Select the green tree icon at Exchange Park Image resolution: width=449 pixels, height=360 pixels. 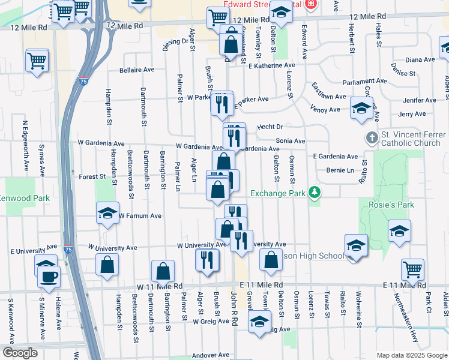tap(314, 193)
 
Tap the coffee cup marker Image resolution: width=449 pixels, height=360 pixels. tap(49, 277)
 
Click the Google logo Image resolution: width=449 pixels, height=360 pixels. tap(20, 353)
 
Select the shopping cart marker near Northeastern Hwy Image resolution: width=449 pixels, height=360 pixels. tap(412, 270)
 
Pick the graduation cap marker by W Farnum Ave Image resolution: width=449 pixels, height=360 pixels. tap(107, 214)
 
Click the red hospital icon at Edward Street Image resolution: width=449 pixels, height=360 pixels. tap(310, 4)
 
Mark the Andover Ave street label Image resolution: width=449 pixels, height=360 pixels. tap(211, 355)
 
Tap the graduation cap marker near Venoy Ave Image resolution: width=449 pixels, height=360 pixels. tap(361, 109)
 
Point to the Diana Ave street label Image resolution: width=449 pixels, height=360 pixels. tap(420, 59)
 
